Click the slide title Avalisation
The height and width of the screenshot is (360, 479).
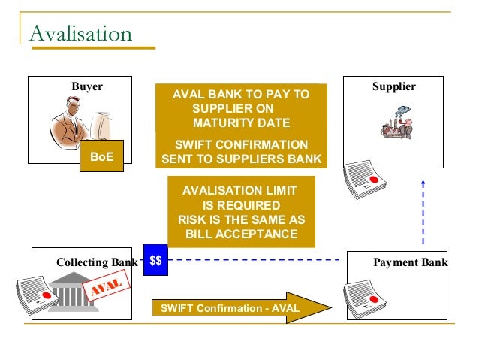[x=80, y=34]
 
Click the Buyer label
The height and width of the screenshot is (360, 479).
[x=87, y=86]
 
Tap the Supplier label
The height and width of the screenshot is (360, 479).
[x=393, y=86]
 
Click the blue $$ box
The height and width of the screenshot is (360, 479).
[x=155, y=261]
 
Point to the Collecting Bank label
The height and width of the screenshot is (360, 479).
[x=97, y=262]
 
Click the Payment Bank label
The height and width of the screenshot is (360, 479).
[x=410, y=262]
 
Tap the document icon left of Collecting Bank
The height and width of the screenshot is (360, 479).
[x=32, y=294]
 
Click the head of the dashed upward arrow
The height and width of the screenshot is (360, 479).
[x=423, y=181]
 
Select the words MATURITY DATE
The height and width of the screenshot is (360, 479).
[x=240, y=123]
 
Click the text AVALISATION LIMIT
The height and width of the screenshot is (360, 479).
[x=239, y=191]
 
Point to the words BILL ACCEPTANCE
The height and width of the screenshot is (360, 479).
[x=241, y=234]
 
